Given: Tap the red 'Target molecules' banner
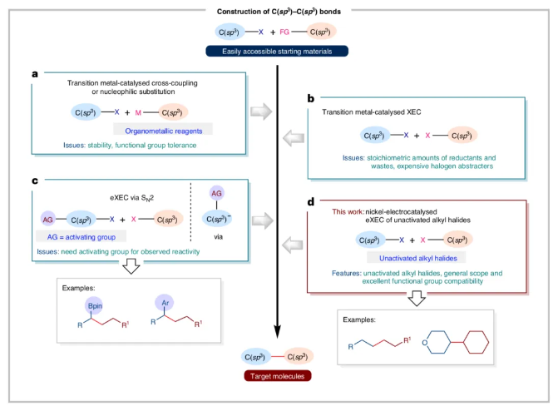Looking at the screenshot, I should [279, 376].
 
